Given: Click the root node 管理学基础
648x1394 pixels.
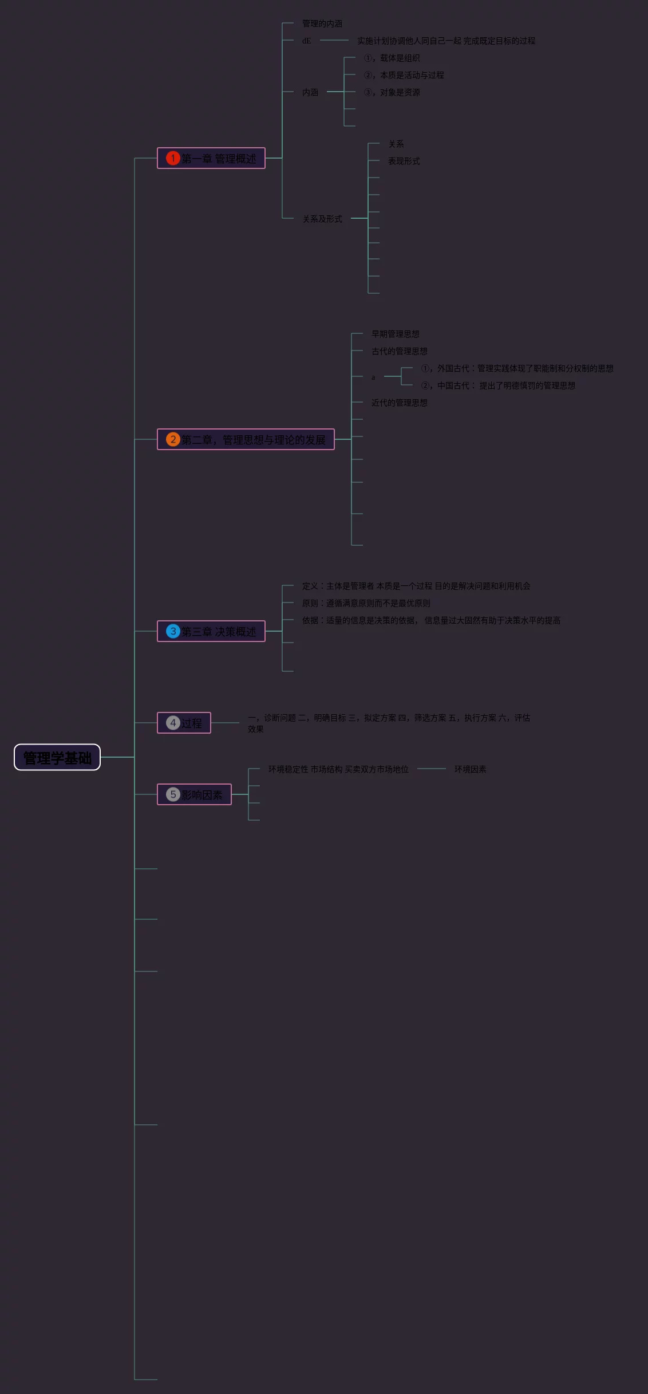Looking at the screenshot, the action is pyautogui.click(x=57, y=757).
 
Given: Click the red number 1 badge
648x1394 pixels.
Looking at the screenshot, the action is pyautogui.click(x=173, y=158).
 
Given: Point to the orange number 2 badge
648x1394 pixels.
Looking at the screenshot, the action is pyautogui.click(x=173, y=439).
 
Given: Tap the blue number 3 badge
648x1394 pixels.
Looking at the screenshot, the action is pyautogui.click(x=173, y=631).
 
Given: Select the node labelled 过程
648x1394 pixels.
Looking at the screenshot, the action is pyautogui.click(x=192, y=723).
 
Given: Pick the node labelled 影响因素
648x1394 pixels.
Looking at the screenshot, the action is pyautogui.click(x=201, y=794).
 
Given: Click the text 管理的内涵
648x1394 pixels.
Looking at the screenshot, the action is pyautogui.click(x=322, y=23).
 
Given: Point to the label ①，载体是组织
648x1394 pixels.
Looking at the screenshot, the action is pyautogui.click(x=392, y=58).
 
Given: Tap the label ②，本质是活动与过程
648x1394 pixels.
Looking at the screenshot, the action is pyautogui.click(x=404, y=75).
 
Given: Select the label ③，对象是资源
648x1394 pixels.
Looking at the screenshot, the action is pyautogui.click(x=392, y=92).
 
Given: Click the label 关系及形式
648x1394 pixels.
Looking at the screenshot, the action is pyautogui.click(x=322, y=219).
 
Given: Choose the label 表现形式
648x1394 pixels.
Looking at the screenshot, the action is pyautogui.click(x=404, y=161).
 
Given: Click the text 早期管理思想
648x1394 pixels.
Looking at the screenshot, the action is pyautogui.click(x=396, y=334).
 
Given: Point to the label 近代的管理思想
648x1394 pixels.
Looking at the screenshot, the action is pyautogui.click(x=400, y=403).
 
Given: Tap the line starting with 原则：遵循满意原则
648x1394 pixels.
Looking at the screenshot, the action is pyautogui.click(x=366, y=603).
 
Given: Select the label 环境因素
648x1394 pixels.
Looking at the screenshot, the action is pyautogui.click(x=471, y=769).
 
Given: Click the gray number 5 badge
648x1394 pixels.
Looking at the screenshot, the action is pyautogui.click(x=173, y=794).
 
